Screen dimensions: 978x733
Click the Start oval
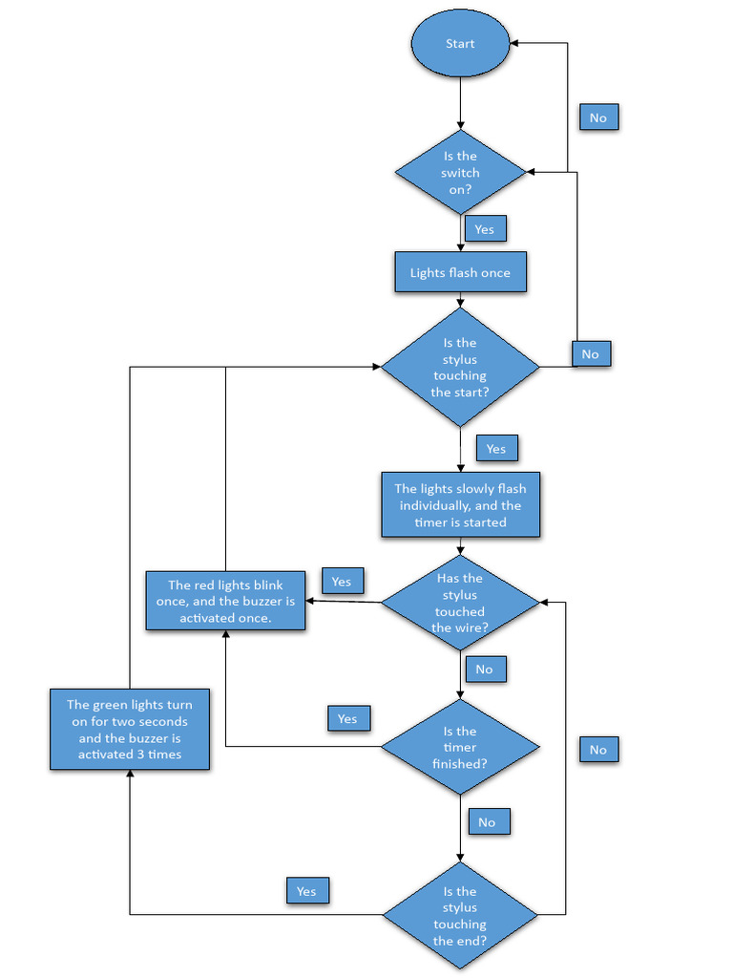click(x=460, y=44)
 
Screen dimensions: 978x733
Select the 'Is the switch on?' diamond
click(x=460, y=173)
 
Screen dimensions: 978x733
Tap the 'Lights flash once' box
click(x=460, y=272)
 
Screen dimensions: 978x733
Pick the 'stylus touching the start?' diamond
click(x=460, y=367)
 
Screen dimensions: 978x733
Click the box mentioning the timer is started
click(x=460, y=505)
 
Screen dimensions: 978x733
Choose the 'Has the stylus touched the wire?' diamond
click(x=460, y=603)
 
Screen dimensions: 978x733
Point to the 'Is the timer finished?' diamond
click(x=460, y=747)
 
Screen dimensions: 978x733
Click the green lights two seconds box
click(x=130, y=729)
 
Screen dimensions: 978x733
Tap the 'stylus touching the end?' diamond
click(x=460, y=915)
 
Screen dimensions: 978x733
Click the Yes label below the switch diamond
click(x=485, y=229)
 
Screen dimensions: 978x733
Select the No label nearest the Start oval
click(x=598, y=117)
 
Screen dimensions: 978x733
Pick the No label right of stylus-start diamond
click(x=591, y=353)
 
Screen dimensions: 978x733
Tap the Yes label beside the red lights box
click(x=342, y=581)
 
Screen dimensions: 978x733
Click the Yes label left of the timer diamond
click(x=347, y=718)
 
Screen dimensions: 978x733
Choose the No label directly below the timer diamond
click(x=488, y=821)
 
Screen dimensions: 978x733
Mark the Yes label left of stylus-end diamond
click(x=306, y=891)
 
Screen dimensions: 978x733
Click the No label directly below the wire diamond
click(x=485, y=669)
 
